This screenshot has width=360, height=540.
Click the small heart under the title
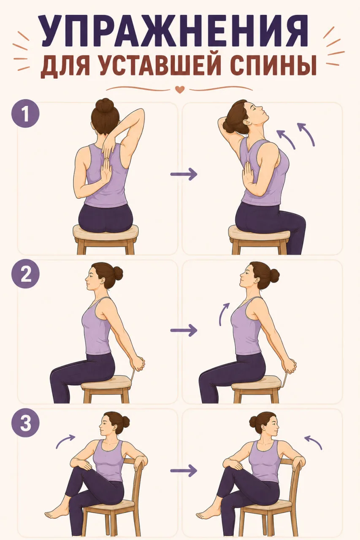point(180,89)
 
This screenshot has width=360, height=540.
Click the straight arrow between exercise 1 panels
point(184,174)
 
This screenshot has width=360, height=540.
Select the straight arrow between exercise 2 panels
point(184,330)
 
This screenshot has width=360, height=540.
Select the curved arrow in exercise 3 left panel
point(65,441)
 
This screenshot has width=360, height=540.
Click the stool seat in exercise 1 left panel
point(106,232)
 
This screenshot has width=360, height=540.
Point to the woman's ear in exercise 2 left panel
point(104,281)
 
